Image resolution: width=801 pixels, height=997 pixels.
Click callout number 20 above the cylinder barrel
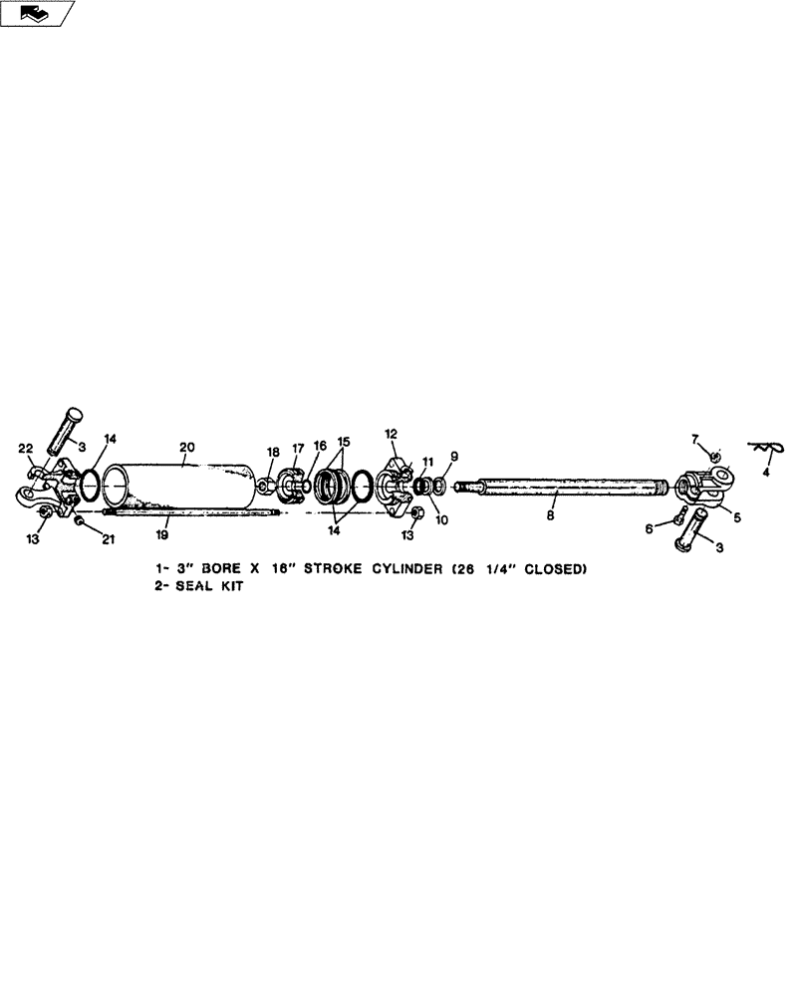186,447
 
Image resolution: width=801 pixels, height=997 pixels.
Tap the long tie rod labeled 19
189,511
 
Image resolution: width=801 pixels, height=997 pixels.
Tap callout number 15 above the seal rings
344,442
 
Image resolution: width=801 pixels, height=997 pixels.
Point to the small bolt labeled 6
676,517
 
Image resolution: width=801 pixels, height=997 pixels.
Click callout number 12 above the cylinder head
392,434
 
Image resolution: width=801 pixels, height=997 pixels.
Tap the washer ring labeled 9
438,487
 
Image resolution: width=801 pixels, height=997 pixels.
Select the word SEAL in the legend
190,587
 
